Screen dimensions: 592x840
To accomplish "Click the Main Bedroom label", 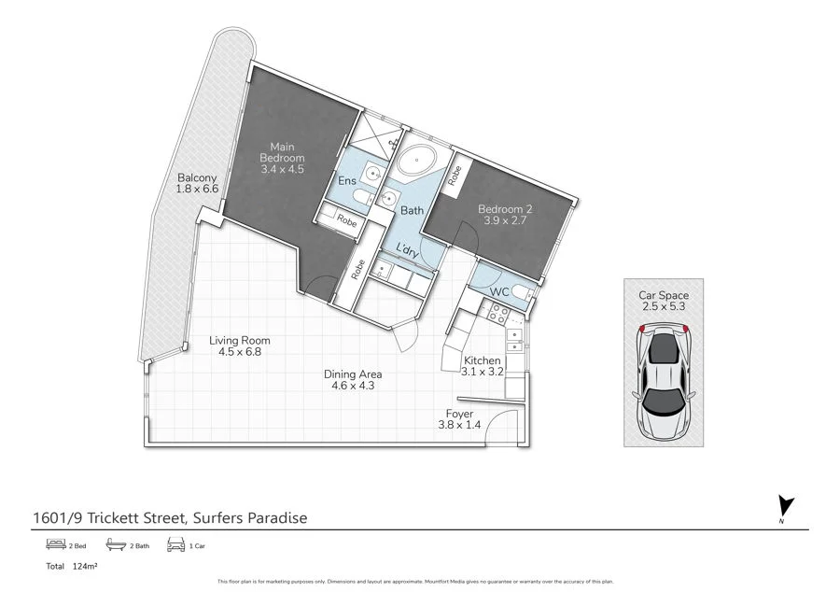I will click(282, 158).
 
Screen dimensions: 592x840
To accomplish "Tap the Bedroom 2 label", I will click(504, 214).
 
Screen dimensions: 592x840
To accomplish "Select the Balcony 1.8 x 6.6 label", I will click(196, 183).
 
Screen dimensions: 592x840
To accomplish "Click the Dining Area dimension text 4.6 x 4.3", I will click(353, 386).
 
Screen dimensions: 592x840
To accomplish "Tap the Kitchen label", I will click(483, 360).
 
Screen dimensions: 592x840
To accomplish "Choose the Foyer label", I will click(459, 413).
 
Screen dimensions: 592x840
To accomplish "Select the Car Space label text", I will click(664, 295).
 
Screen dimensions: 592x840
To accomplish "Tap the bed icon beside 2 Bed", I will click(54, 543).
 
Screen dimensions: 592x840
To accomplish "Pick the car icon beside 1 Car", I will click(175, 543).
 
